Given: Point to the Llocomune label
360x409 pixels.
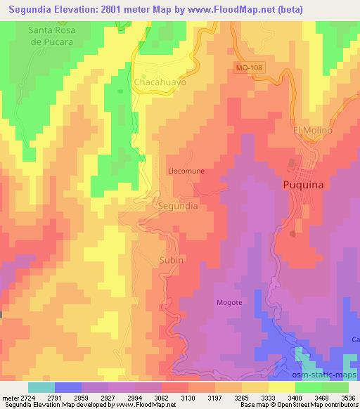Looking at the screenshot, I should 186,171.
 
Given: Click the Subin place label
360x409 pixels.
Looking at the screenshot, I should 172,259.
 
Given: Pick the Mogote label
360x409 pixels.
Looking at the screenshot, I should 229,303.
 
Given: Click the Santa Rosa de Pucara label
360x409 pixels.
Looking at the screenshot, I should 51,36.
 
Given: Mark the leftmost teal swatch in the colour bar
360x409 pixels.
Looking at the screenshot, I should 41,387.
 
